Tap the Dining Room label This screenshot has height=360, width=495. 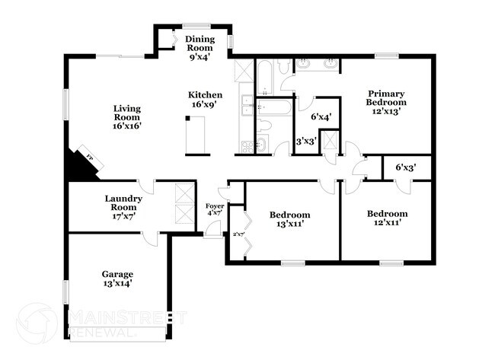click(201, 46)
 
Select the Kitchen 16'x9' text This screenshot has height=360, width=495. click(206, 100)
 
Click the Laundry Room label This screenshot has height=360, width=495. click(121, 207)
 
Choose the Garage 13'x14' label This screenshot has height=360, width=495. click(117, 279)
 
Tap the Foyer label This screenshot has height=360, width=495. click(215, 211)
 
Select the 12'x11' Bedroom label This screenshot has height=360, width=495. click(387, 218)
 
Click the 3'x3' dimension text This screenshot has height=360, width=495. click(306, 141)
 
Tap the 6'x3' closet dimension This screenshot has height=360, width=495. click(405, 167)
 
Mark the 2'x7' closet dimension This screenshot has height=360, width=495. click(237, 234)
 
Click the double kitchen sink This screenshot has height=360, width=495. click(247, 107)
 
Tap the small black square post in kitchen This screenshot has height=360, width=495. click(187, 118)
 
